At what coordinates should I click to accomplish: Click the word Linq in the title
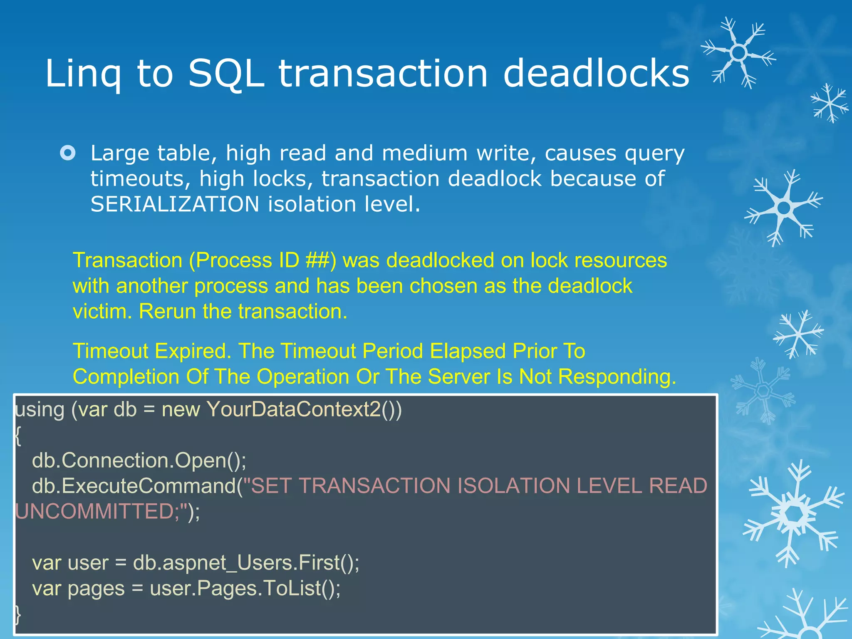pyautogui.click(x=83, y=74)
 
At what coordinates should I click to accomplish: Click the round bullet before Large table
pyautogui.click(x=68, y=153)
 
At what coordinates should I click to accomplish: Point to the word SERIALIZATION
pyautogui.click(x=175, y=204)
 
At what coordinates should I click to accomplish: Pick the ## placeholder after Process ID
pyautogui.click(x=317, y=261)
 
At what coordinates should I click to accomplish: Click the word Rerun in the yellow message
pyautogui.click(x=167, y=312)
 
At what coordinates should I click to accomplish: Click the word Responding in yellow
pyautogui.click(x=617, y=377)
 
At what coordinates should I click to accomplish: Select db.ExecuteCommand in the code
pyautogui.click(x=134, y=486)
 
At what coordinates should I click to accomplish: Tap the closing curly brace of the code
pyautogui.click(x=17, y=614)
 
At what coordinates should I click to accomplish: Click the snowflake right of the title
pyautogui.click(x=738, y=53)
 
